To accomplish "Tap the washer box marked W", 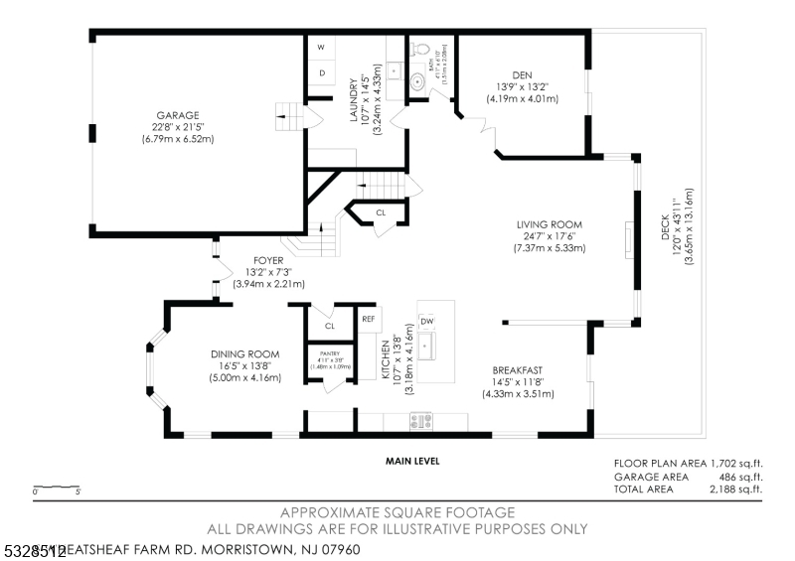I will point(321,48).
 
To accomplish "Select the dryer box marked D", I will point(321,73).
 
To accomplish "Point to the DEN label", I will point(522,74).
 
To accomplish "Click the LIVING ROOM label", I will point(549,224).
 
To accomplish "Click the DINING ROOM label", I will point(244,353).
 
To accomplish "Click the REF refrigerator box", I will point(368,319).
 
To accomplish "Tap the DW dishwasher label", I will point(427,321).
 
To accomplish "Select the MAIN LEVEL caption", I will point(412,461).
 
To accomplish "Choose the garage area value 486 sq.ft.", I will point(740,477).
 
